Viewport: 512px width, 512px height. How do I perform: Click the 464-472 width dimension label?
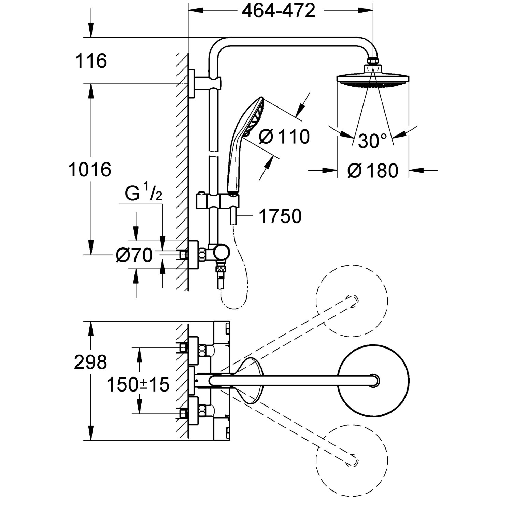coord(278,12)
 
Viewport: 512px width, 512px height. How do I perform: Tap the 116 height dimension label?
coord(91,61)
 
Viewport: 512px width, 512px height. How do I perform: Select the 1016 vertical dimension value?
coord(90,169)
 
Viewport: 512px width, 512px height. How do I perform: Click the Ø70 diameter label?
coord(134,255)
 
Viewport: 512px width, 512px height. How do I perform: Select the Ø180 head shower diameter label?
coord(373,170)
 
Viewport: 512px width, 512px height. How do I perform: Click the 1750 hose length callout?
coord(280,216)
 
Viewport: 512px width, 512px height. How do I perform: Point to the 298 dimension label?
coord(90,362)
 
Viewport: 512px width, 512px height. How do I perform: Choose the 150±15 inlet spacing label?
coord(138,385)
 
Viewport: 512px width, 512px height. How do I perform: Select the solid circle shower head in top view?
coord(373,380)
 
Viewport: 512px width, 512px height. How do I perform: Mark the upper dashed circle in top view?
coord(352,300)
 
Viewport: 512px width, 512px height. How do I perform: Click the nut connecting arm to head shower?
coord(373,61)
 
